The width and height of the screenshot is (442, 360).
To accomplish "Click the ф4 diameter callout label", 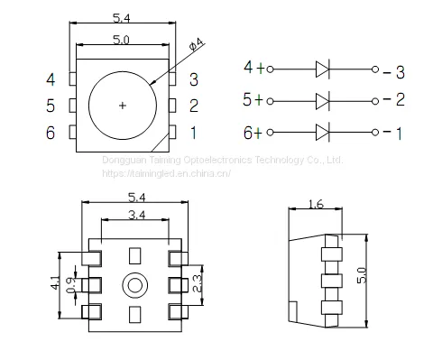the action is coord(197,44).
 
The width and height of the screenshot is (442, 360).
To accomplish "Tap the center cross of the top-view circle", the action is coord(123,106).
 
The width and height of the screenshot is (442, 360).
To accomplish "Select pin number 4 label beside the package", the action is coord(51,79).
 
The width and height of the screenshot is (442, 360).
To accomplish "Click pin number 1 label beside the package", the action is coord(193,133).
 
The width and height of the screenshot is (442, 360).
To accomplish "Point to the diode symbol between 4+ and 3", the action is coord(323,69).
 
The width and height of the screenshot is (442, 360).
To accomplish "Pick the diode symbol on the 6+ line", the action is coord(323,132).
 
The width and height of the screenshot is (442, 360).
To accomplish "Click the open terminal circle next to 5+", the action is coord(270,101).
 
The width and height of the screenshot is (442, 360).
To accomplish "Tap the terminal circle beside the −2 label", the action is coord(375,101).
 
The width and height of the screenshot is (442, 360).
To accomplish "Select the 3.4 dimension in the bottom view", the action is coord(137,215).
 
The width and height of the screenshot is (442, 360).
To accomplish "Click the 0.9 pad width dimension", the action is coord(70,285).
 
